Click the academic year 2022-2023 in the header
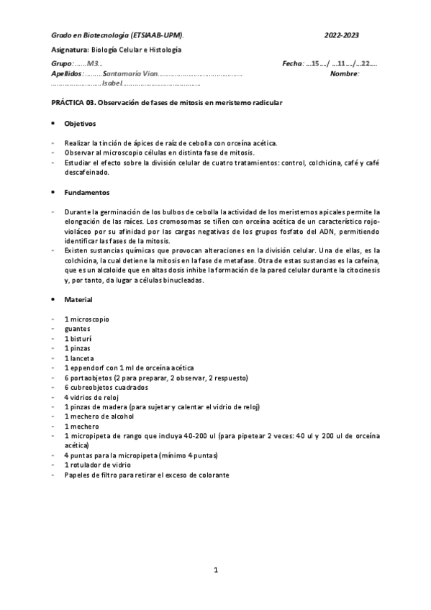(342, 35)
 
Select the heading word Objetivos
(79, 124)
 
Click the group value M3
(92, 65)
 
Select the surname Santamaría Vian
(130, 74)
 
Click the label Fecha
(294, 65)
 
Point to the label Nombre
(344, 74)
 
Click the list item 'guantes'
(78, 328)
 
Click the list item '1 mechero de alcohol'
(96, 416)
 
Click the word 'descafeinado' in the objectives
(86, 173)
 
